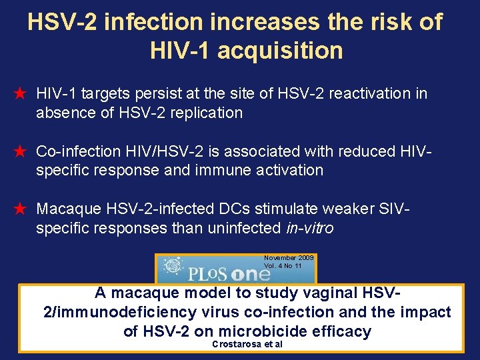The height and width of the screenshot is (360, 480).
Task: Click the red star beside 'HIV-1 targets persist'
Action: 20,94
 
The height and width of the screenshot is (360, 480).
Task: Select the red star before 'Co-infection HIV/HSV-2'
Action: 20,152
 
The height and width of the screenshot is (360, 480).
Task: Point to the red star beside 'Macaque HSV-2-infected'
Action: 20,209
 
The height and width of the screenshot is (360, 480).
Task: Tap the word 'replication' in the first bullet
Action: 207,113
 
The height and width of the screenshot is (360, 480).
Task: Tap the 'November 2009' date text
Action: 289,258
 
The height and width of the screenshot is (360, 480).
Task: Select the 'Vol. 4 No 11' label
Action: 283,265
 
